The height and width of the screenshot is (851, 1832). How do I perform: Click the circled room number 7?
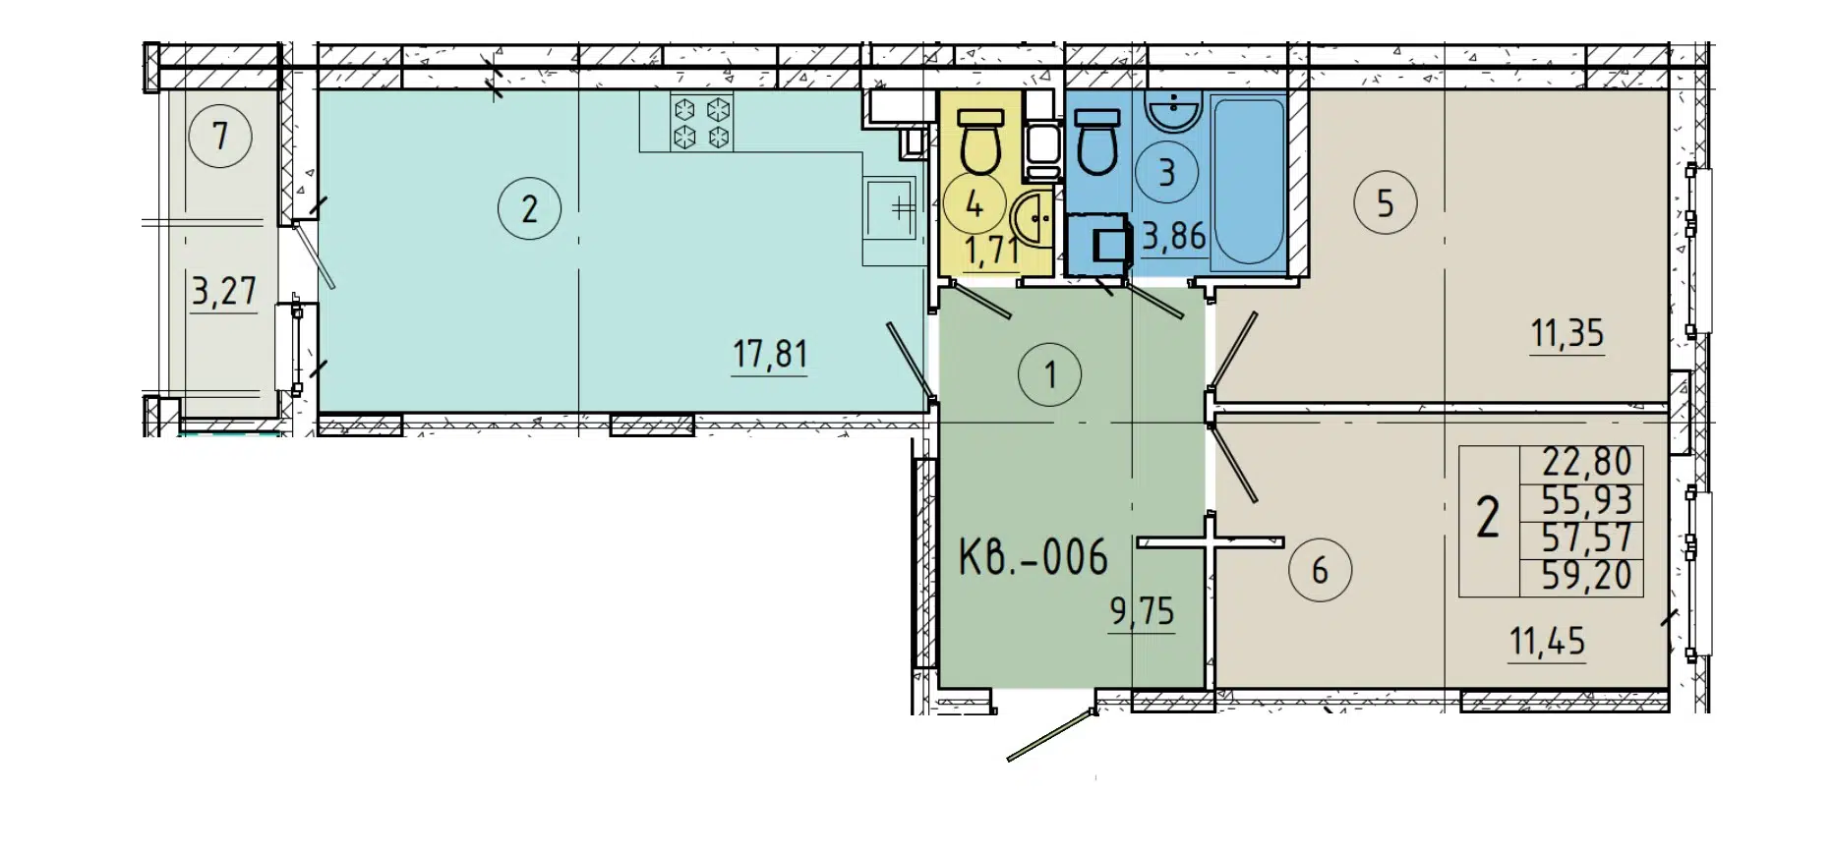click(220, 136)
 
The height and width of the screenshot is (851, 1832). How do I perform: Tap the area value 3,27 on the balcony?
click(223, 292)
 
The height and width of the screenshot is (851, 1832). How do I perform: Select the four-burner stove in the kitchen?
click(702, 122)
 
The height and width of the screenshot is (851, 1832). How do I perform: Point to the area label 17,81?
click(770, 353)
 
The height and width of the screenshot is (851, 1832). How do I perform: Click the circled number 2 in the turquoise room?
click(529, 208)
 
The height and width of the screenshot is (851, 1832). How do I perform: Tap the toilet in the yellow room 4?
click(978, 142)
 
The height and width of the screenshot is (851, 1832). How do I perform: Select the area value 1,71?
click(991, 251)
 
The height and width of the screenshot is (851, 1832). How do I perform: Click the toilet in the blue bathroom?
click(1097, 142)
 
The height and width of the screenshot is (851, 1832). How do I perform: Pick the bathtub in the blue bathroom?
click(1247, 180)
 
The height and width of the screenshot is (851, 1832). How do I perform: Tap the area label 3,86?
click(1173, 237)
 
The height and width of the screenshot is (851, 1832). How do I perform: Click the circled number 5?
click(1385, 203)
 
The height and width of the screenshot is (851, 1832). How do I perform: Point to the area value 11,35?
click(1566, 334)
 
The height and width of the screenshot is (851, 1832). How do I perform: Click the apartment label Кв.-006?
click(1033, 557)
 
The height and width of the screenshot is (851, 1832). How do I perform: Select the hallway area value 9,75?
click(1142, 612)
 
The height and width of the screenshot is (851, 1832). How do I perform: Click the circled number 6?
click(1320, 570)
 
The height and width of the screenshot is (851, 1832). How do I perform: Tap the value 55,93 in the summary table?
click(1586, 500)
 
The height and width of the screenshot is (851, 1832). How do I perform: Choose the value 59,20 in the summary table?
click(1586, 575)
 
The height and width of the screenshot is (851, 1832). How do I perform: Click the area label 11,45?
click(1547, 642)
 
